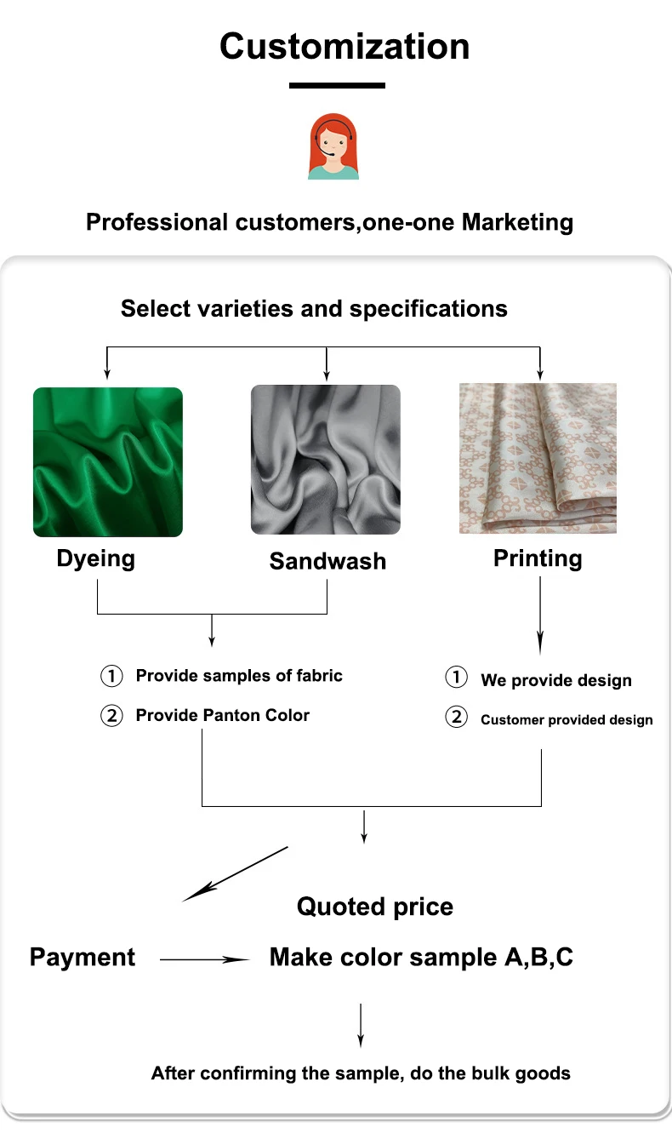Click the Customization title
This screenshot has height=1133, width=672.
click(345, 46)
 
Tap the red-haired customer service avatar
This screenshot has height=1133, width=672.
click(333, 146)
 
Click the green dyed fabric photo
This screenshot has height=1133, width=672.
click(108, 462)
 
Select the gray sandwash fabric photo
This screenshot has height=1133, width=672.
click(326, 460)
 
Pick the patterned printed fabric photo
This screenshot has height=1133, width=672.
click(538, 459)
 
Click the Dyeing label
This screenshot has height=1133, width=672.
click(95, 558)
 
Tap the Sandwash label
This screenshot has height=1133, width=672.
click(327, 561)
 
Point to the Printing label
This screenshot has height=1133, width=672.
click(538, 558)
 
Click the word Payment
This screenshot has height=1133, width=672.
click(83, 957)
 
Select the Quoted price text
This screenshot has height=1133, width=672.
click(375, 907)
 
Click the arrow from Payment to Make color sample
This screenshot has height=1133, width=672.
click(204, 959)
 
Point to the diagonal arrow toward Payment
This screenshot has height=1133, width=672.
click(236, 873)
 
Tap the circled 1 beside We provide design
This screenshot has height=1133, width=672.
click(457, 678)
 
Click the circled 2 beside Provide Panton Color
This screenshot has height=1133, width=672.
click(112, 715)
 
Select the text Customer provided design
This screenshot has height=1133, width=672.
click(567, 720)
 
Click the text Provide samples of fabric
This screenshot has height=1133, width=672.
click(239, 676)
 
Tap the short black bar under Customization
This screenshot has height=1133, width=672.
click(337, 85)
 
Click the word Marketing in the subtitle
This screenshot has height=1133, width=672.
click(517, 223)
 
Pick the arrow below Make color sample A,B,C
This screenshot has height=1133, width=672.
click(361, 1025)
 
